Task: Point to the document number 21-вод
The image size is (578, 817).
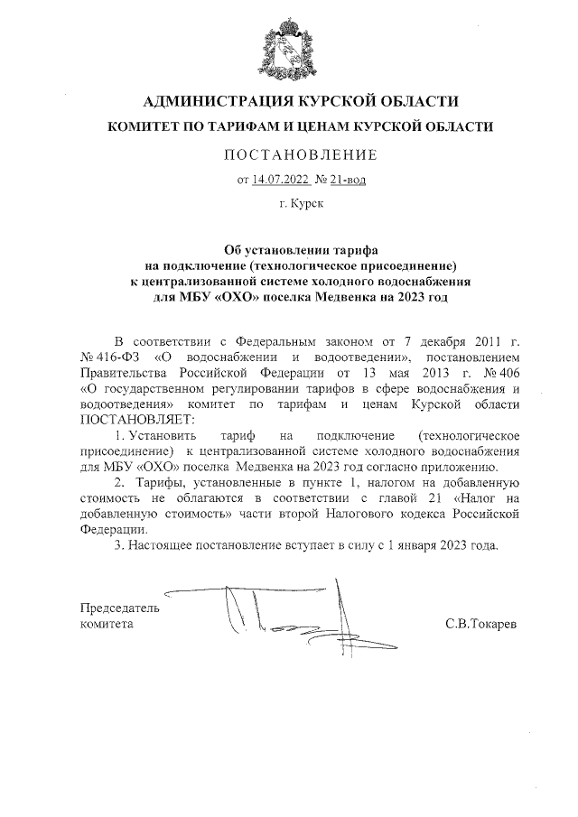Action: [x=348, y=180]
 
